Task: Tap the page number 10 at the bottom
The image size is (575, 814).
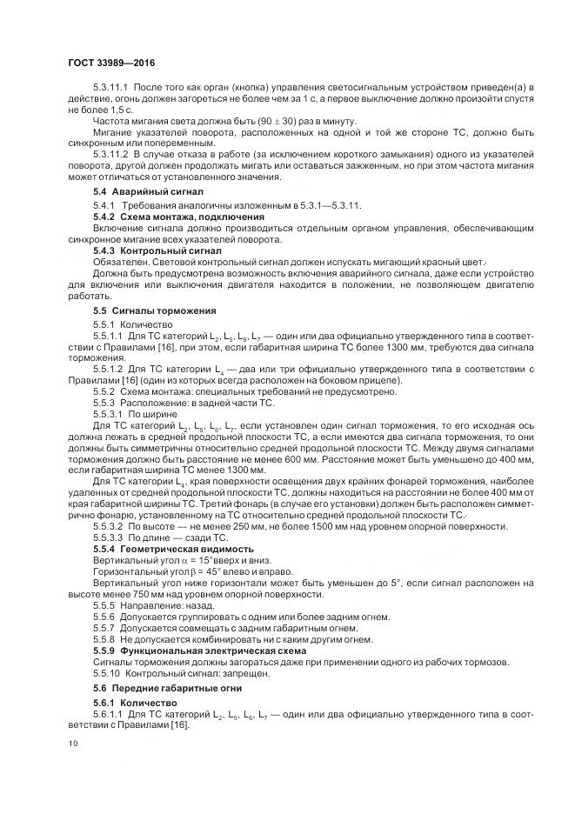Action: (72, 744)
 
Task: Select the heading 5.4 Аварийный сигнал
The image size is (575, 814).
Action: (148, 190)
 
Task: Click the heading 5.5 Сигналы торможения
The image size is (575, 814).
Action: (155, 310)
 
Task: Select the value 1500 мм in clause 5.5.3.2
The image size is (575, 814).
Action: (306, 525)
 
